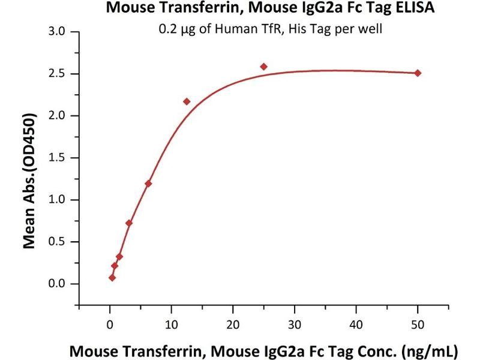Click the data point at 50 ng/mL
click(x=418, y=73)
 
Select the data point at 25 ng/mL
click(x=263, y=67)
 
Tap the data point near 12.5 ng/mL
click(x=187, y=101)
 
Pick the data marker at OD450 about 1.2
click(x=148, y=184)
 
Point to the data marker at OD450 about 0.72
click(x=129, y=223)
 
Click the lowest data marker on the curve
click(x=112, y=278)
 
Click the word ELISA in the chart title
click(x=415, y=9)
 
